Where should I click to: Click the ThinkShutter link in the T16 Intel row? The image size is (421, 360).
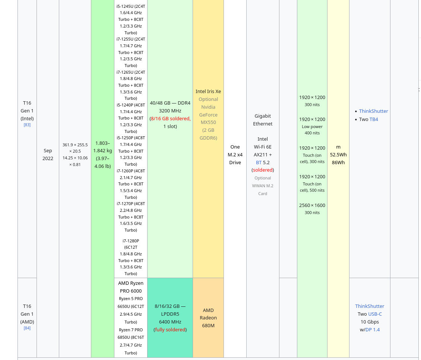coord(373,111)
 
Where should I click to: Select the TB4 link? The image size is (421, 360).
coord(374,119)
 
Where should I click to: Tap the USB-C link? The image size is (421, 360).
coord(375,314)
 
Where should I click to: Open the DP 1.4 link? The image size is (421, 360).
coord(372,329)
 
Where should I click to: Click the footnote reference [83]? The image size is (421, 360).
coord(27,125)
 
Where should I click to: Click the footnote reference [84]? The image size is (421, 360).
coord(27,328)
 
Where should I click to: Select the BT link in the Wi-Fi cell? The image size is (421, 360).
coord(259,162)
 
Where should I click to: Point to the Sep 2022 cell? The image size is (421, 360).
coord(48,154)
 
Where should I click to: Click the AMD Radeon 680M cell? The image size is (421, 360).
coord(208,318)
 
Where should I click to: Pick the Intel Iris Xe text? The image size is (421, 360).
coord(208,91)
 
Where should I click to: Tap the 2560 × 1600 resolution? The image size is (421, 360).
coord(312,205)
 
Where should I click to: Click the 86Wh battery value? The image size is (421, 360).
coord(338,162)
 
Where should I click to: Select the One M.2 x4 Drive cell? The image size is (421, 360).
coord(235,154)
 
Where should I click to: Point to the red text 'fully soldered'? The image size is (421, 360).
coord(170,329)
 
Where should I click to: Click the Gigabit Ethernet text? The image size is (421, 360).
coord(263,120)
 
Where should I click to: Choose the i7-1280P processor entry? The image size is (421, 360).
coord(131,241)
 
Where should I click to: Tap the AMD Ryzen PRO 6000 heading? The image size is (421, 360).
coord(131,287)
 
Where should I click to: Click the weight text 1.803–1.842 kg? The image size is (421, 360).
coord(102,147)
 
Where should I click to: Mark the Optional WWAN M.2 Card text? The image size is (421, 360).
coord(263,186)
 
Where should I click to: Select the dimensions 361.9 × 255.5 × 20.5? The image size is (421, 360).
coord(75,148)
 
